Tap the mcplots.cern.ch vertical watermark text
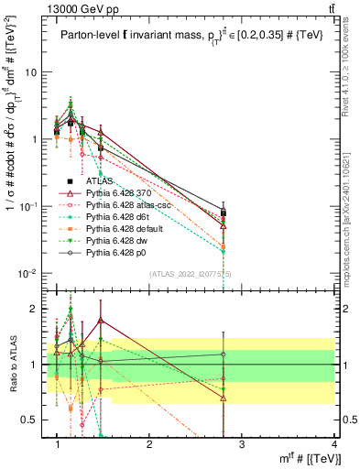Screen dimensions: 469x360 352,202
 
